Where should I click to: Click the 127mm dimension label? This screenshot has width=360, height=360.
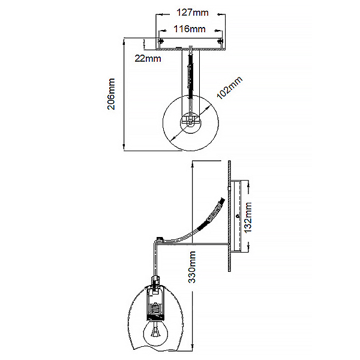[193, 13]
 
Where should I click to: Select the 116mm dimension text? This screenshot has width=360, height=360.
[190, 29]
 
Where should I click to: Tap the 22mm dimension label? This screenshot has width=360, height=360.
[148, 59]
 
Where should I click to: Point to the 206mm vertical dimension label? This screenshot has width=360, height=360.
[112, 94]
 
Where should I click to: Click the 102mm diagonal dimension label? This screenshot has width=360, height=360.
[229, 88]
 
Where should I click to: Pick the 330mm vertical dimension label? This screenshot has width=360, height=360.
[192, 267]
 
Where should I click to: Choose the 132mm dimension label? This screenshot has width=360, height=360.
[248, 217]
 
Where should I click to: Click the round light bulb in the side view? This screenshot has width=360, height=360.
[155, 332]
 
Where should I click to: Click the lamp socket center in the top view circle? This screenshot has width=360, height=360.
[190, 122]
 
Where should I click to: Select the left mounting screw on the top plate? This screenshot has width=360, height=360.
[160, 41]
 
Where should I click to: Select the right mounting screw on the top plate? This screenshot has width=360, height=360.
[220, 41]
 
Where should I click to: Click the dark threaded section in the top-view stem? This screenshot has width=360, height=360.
[191, 76]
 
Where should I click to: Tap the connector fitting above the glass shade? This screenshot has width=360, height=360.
[155, 281]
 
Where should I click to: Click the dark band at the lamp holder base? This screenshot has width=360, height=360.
[155, 318]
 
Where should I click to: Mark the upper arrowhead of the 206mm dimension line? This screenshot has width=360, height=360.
[124, 41]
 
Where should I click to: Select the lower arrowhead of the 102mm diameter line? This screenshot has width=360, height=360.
[173, 138]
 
